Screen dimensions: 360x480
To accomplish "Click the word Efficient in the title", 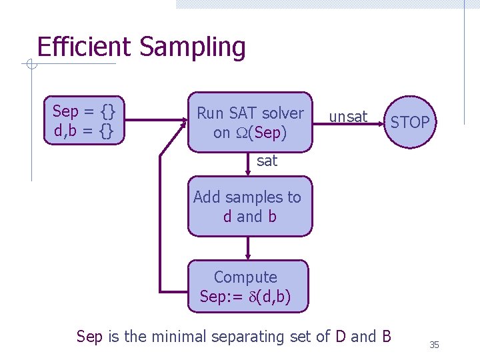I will point(85,48).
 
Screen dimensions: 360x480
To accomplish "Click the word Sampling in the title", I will point(193,48).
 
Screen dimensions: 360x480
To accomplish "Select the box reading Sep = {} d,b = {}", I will point(83,121).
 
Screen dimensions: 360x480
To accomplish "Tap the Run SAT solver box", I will point(249,122).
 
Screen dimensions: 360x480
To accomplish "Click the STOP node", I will point(410,122).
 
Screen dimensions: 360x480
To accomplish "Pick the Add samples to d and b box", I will point(249,207).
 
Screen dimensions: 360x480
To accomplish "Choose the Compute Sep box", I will point(247,287).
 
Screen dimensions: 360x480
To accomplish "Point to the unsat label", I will point(348,117).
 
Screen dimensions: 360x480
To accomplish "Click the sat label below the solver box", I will point(267,161).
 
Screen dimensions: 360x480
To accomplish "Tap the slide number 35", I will point(434,345).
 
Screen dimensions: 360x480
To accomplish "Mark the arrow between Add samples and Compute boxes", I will point(248,248).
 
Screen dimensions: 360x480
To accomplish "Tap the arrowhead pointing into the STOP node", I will point(381,122).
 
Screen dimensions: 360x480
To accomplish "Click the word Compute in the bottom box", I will point(245,277).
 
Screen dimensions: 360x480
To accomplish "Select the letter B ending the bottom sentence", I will point(386,337).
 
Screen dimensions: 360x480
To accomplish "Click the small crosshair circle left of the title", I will point(29,65).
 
